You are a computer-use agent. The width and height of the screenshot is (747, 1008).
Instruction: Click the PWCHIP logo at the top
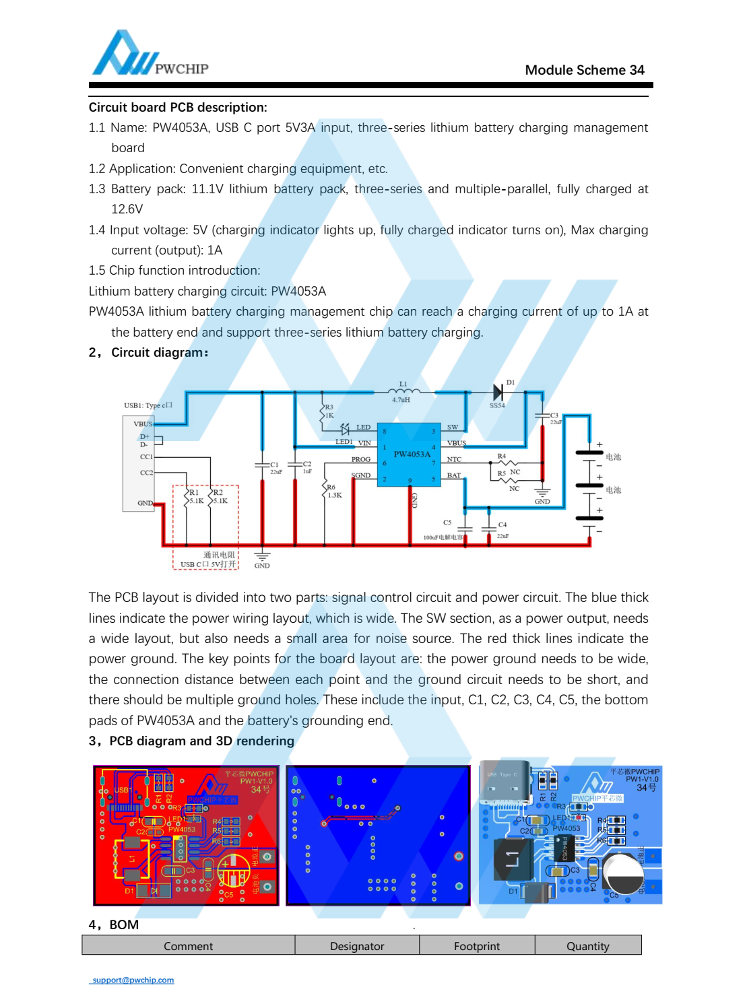click(x=150, y=54)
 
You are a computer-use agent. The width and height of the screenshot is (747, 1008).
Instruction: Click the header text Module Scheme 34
click(x=584, y=70)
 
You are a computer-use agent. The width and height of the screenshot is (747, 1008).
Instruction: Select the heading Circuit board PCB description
click(x=178, y=107)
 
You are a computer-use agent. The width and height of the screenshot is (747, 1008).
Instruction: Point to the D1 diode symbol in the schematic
click(x=498, y=391)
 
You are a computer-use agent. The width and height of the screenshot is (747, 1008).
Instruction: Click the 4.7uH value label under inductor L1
click(x=401, y=400)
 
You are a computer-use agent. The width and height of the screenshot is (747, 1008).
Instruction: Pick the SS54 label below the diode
click(x=497, y=405)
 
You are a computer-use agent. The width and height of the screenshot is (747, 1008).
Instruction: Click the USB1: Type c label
click(x=148, y=405)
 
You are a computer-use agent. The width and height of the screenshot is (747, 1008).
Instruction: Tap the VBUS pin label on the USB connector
click(x=143, y=424)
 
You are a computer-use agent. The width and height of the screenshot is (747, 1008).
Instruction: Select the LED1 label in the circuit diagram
click(x=344, y=442)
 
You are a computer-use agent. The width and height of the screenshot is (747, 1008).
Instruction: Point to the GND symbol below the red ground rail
click(x=262, y=559)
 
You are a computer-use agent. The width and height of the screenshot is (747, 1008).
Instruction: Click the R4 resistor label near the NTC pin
click(x=502, y=457)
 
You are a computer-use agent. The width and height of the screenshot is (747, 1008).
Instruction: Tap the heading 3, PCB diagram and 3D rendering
click(x=192, y=741)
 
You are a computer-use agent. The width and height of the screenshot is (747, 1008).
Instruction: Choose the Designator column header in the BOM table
click(x=357, y=946)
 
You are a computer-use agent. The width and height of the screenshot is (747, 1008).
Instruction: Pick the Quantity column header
click(x=587, y=946)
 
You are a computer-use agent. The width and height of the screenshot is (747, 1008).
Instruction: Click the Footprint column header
click(x=477, y=946)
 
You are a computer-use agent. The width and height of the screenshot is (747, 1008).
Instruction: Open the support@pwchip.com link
click(x=133, y=980)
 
